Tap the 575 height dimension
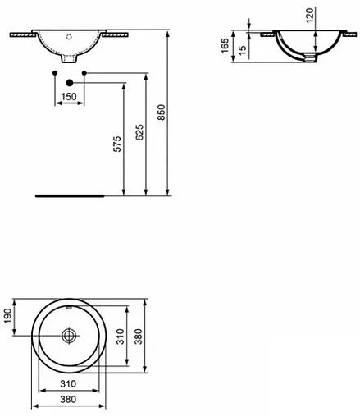[x=117, y=144]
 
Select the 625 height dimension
[x=140, y=133]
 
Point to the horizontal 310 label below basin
[x=69, y=383]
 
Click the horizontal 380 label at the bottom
[x=69, y=400]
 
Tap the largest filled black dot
[x=69, y=82]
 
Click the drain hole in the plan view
[x=69, y=335]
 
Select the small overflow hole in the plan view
[x=70, y=307]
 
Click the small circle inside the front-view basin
[x=70, y=35]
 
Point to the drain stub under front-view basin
[x=70, y=61]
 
